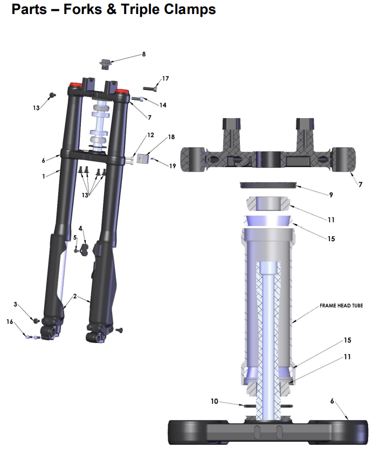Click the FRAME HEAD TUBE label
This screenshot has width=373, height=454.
(341, 306)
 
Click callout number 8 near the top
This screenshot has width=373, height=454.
(144, 54)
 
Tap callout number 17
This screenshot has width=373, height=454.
(165, 79)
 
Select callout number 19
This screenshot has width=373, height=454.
(172, 166)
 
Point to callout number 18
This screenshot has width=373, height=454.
(171, 136)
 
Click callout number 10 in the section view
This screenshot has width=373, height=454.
(214, 401)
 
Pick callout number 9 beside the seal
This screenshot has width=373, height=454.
(331, 195)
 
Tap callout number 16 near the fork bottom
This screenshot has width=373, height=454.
(10, 322)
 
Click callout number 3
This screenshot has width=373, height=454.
(15, 304)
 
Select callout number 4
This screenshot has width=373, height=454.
(80, 229)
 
